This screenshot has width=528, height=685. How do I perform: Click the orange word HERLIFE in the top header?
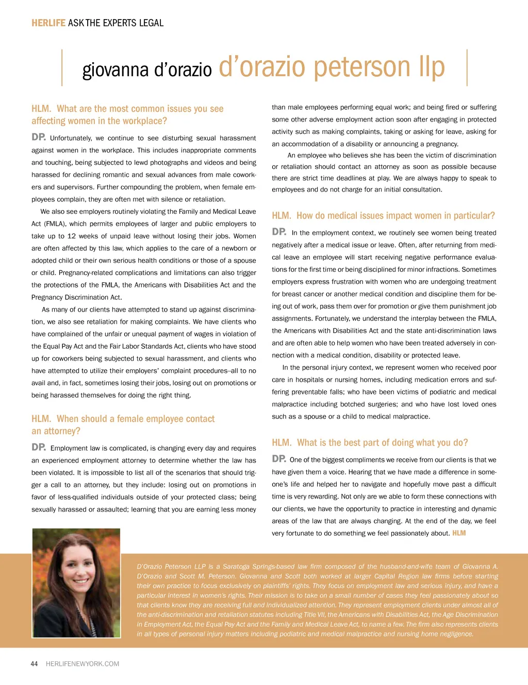[x=48, y=23]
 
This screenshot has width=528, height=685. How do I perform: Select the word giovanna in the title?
[x=115, y=70]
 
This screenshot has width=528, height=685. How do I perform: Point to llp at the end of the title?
[x=432, y=67]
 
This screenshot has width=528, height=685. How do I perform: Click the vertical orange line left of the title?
[x=62, y=67]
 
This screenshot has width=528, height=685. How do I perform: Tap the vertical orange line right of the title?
[x=467, y=67]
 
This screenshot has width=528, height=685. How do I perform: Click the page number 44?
[x=34, y=664]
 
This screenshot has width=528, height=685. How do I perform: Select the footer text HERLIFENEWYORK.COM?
[x=82, y=664]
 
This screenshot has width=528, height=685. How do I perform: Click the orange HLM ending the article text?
[x=459, y=533]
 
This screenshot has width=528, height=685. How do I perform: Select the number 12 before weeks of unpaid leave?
[x=72, y=236]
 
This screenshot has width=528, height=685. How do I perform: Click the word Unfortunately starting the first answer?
[x=71, y=138]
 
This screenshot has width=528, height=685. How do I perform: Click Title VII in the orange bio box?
[x=310, y=614]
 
